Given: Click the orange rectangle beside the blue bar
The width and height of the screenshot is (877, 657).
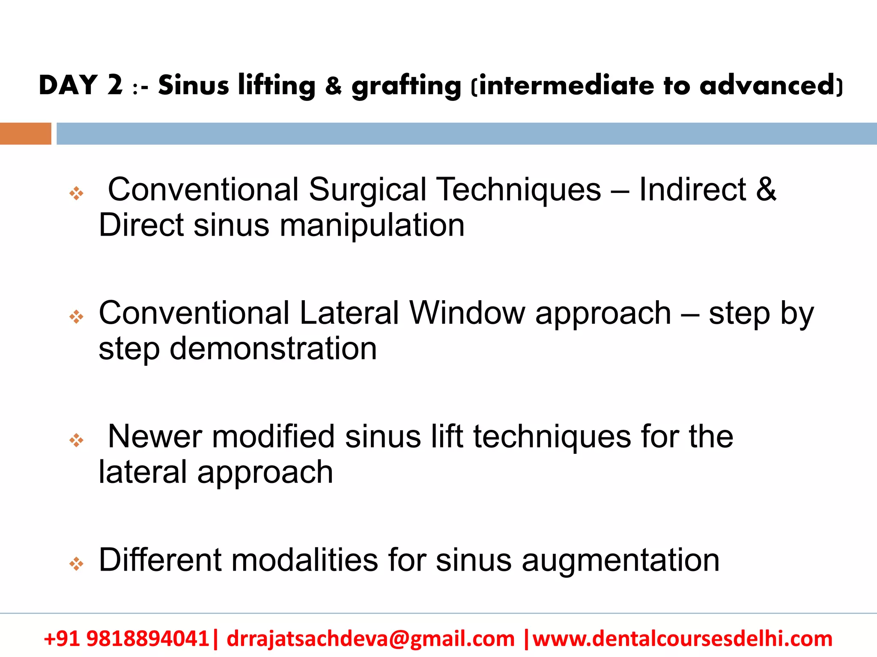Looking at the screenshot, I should point(25,133).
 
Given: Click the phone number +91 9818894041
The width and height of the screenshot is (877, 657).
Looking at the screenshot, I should point(126,639).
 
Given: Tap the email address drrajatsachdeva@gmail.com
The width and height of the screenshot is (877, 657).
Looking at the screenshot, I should point(370,639).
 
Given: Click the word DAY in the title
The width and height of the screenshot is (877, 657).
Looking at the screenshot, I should point(69,85).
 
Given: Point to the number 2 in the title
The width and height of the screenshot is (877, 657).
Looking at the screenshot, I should point(115,85).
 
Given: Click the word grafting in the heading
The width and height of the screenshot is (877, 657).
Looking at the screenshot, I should point(406,86).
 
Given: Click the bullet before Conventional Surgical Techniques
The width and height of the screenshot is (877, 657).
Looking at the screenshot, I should point(76,193).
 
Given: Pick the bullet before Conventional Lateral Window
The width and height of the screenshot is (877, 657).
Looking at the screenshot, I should point(76,317).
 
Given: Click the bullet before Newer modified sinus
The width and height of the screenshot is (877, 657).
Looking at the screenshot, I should point(76,440).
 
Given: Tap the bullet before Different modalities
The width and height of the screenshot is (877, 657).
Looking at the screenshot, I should point(76,564).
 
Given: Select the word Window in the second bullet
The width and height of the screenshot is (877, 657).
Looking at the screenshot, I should point(467,313).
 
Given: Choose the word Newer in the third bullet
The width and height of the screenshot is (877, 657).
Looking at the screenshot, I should point(155,437).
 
